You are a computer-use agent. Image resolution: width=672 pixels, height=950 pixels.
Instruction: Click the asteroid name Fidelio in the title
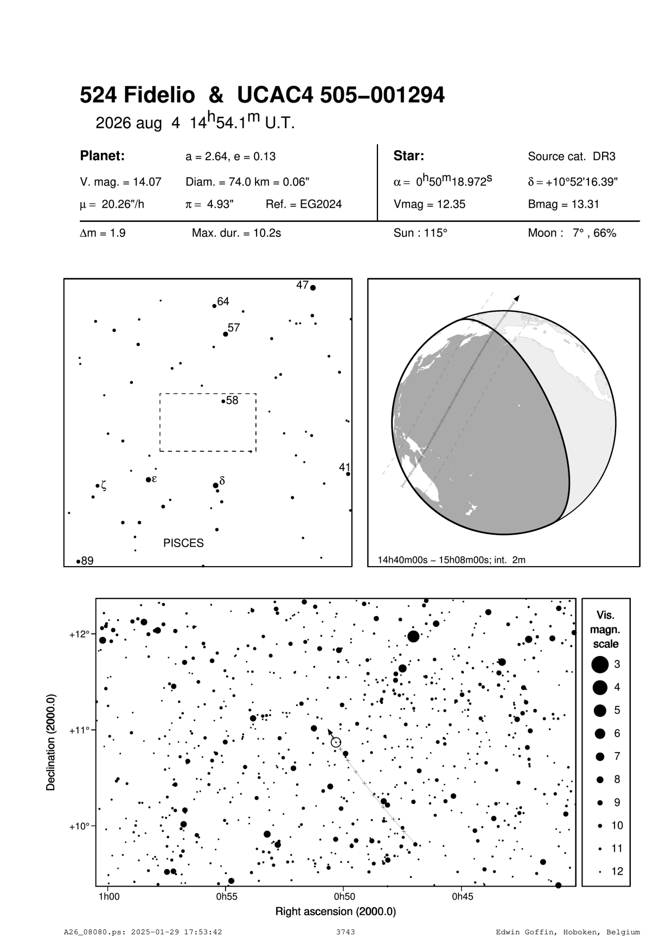[159, 96]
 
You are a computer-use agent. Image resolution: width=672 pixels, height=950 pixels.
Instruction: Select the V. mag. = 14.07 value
[120, 182]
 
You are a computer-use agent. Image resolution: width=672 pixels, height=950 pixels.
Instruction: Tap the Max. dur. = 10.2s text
[236, 234]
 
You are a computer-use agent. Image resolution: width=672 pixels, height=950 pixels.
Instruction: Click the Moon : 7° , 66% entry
[572, 234]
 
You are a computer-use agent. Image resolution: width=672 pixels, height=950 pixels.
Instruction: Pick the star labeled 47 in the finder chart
[313, 288]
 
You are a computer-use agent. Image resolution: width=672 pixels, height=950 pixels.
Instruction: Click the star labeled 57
[226, 334]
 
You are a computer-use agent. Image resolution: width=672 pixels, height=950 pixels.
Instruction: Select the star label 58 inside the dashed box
[232, 401]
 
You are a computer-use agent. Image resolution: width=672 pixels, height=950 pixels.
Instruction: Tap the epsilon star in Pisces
[149, 479]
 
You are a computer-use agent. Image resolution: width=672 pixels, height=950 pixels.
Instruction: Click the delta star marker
[215, 485]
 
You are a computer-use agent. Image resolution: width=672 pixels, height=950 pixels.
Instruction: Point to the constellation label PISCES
[183, 543]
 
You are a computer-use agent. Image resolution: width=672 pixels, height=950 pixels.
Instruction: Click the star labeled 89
[79, 561]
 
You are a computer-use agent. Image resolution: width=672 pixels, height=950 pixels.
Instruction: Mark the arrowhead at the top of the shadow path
[517, 298]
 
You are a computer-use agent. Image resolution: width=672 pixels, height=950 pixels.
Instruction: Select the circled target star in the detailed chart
[336, 742]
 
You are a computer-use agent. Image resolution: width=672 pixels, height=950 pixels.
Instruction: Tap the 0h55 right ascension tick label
[227, 897]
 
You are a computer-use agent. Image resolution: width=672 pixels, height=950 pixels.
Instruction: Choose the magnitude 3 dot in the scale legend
[600, 664]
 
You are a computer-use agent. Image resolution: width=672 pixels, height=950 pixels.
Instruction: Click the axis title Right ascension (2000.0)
[336, 912]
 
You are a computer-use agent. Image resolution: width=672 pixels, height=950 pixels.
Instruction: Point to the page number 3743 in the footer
[345, 932]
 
